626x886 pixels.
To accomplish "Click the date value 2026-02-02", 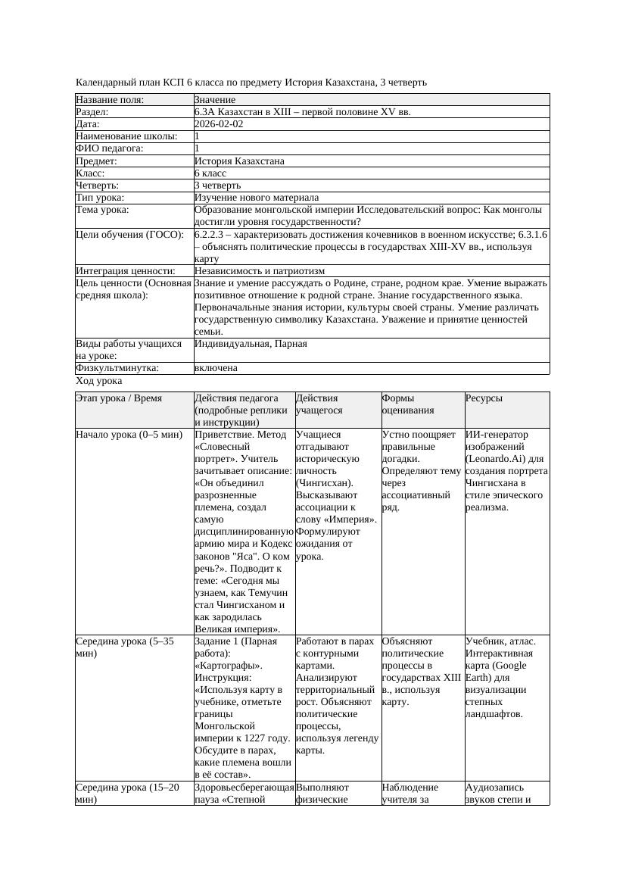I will click(219, 124).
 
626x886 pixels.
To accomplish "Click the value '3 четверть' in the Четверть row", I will click(217, 186).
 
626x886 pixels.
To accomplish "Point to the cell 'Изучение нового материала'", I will click(257, 198).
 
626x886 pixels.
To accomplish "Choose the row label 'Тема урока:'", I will click(102, 210).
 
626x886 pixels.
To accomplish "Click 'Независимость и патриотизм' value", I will click(260, 270).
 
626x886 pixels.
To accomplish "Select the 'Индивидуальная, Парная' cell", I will click(251, 344).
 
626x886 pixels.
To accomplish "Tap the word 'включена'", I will click(216, 368).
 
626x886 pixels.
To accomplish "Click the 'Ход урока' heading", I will click(99, 382).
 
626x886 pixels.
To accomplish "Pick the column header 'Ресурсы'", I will click(484, 398).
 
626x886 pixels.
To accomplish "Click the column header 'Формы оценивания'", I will click(408, 404).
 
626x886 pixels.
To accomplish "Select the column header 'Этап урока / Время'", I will click(119, 398).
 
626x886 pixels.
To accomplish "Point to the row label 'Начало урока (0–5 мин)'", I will click(129, 435).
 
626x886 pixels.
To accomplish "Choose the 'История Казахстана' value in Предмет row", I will click(239, 161).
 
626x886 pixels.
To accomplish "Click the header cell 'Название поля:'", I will click(110, 100).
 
